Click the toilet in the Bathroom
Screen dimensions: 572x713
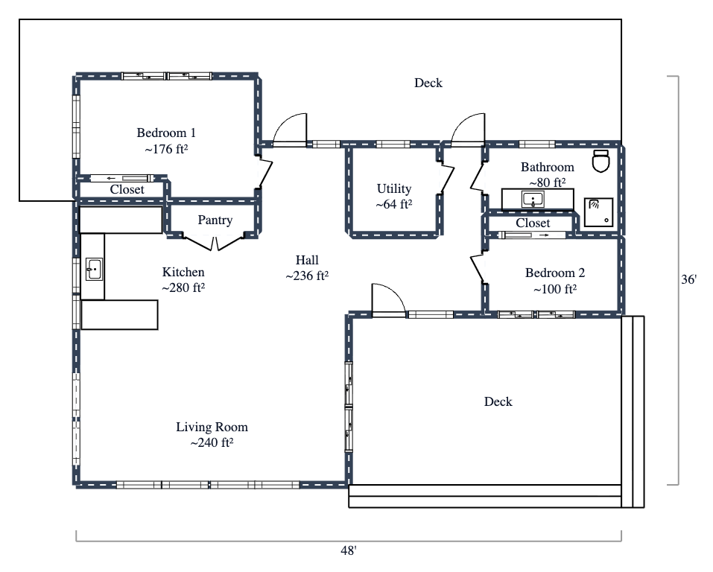click(x=601, y=160)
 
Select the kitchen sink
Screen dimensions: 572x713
click(x=94, y=269)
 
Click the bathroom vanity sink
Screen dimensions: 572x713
click(x=533, y=200)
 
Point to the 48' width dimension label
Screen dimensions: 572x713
click(x=348, y=551)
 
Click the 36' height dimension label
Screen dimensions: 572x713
click(x=690, y=281)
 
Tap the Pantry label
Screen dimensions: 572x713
click(x=215, y=220)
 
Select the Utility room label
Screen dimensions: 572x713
click(x=393, y=189)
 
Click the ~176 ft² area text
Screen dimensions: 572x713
click(x=166, y=149)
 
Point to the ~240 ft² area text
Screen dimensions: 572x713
click(x=212, y=443)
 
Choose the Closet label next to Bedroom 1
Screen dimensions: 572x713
click(x=127, y=190)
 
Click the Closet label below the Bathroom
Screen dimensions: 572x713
click(x=533, y=223)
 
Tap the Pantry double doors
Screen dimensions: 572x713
click(x=214, y=241)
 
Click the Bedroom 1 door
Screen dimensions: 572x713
click(x=262, y=171)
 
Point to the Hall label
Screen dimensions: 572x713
click(x=307, y=260)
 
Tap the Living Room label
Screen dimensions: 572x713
click(x=212, y=428)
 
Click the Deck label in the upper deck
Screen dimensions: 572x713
click(x=428, y=83)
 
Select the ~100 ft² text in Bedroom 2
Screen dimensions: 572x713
click(x=554, y=289)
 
